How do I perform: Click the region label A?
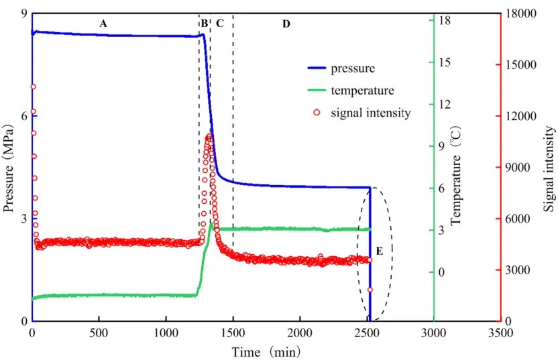tap(103, 23)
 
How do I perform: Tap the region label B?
tap(204, 23)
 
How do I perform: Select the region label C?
tap(219, 23)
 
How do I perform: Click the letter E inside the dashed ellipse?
tap(379, 251)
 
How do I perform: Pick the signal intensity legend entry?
tap(370, 113)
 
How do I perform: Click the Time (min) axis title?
tap(266, 351)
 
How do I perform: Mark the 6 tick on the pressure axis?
tap(23, 116)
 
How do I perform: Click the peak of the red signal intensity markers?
tap(209, 137)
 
